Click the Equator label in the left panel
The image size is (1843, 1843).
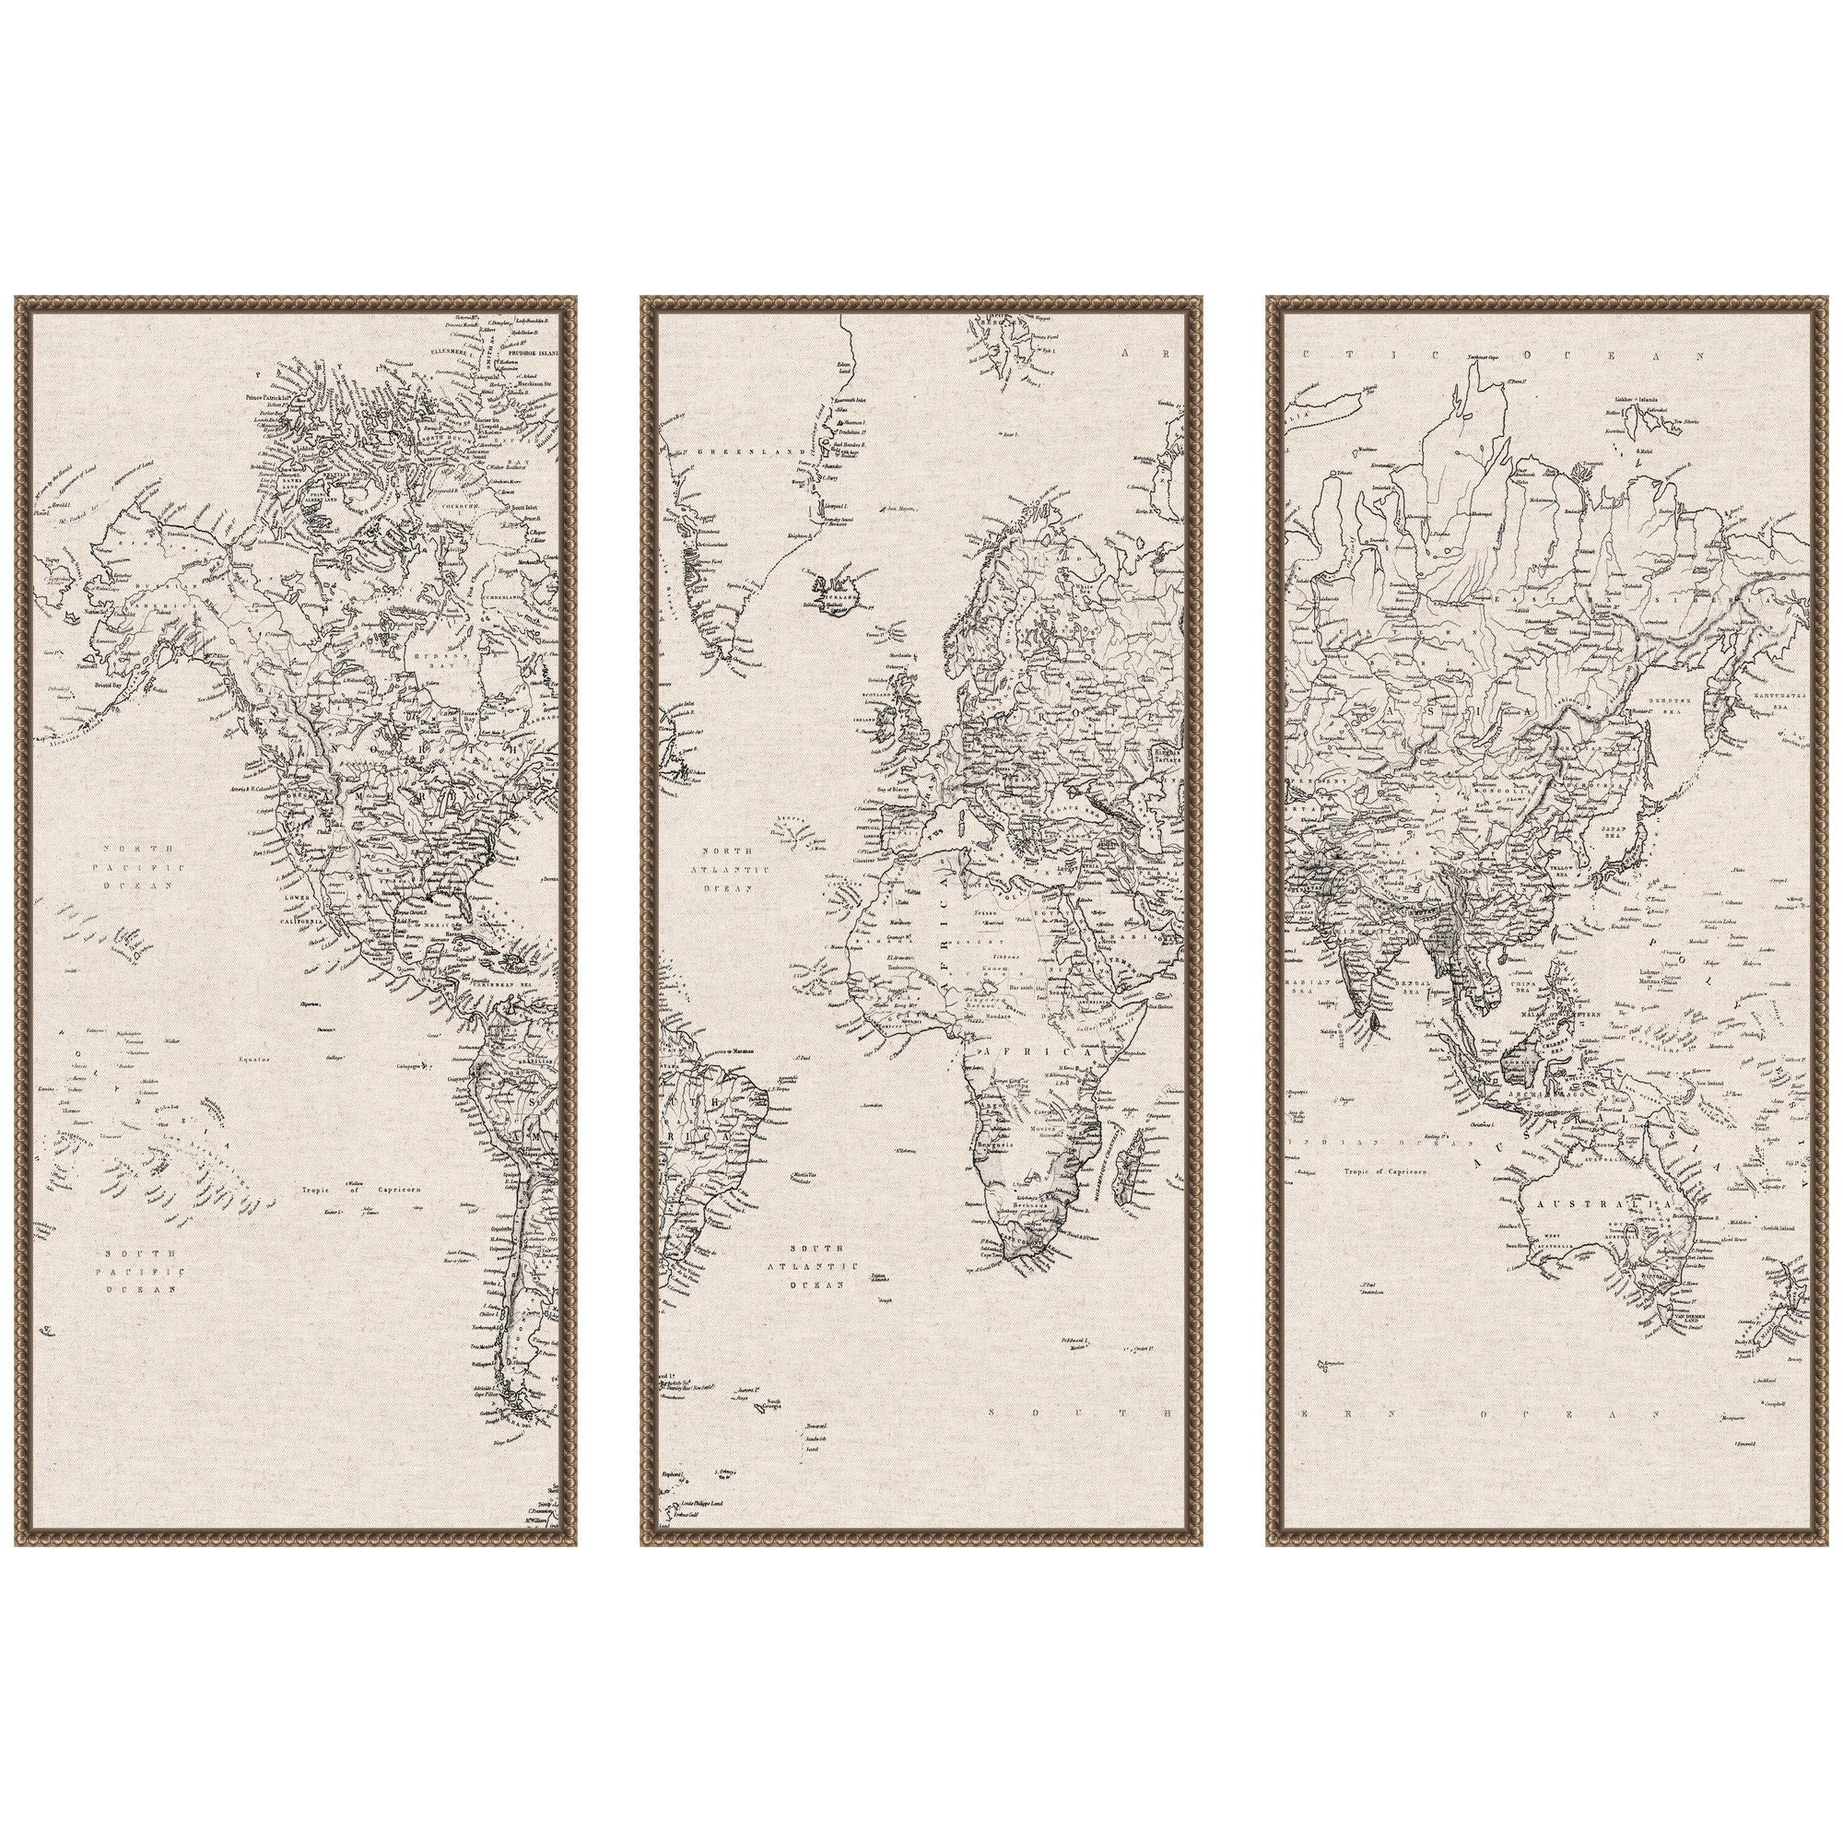click(x=256, y=1059)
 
